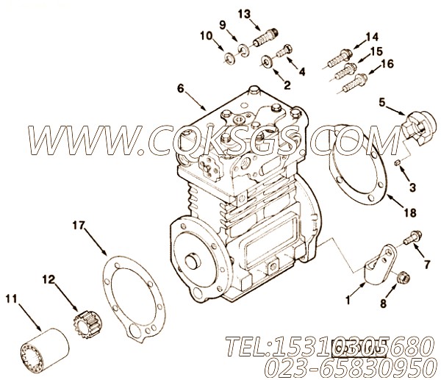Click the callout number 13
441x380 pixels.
click(x=244, y=14)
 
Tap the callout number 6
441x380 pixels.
click(x=180, y=89)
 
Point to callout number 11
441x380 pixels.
click(x=11, y=299)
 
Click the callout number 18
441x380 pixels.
click(x=411, y=212)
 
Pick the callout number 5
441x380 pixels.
click(x=382, y=103)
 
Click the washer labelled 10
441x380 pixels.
click(x=232, y=60)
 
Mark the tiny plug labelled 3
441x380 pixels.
click(x=397, y=162)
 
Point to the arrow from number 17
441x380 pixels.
click(x=96, y=243)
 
